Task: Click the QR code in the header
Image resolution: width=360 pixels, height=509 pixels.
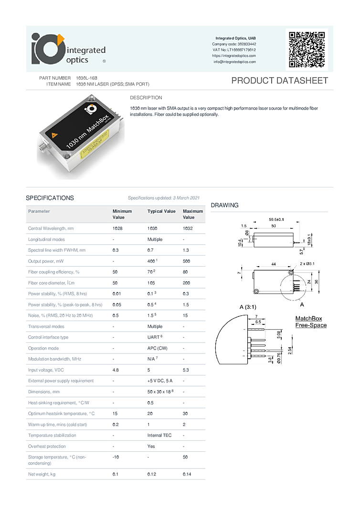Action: [307, 50]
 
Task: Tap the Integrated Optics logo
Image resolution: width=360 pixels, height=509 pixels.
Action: [69, 49]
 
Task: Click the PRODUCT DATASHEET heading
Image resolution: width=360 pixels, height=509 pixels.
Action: [279, 81]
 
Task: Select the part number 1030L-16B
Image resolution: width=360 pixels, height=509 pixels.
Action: [86, 78]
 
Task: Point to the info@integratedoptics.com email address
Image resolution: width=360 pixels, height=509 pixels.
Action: [234, 62]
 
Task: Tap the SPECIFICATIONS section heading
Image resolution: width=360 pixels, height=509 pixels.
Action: [50, 198]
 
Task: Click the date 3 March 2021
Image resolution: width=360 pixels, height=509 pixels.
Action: [186, 197]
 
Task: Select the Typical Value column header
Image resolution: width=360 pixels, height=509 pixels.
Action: [161, 211]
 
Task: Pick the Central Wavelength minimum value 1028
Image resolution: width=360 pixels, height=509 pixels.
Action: [117, 229]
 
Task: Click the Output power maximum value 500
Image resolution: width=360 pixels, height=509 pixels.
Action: [187, 261]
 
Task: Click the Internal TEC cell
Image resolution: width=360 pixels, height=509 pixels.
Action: [159, 436]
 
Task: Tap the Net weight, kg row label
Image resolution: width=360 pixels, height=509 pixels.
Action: [42, 474]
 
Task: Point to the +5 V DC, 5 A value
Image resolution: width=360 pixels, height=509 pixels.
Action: [160, 381]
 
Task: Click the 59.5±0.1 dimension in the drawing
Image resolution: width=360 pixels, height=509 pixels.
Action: [276, 220]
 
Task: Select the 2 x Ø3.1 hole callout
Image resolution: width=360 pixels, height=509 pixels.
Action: [307, 264]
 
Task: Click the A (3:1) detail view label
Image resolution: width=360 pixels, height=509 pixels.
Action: [248, 307]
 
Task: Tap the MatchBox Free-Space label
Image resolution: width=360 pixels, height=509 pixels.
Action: [311, 322]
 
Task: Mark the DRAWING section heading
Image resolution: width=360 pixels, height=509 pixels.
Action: [224, 206]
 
